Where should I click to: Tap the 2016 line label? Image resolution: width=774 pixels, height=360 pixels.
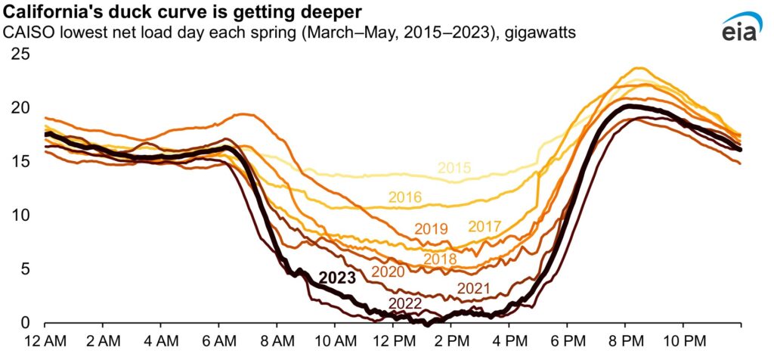coord(405,197)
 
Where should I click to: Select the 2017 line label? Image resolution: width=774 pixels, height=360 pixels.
coord(485,226)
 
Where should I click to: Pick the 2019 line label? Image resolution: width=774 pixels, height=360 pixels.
coord(432,228)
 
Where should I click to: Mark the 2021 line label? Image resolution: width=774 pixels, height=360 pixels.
coord(474,288)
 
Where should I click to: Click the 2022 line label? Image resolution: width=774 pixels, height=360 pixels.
coord(405,303)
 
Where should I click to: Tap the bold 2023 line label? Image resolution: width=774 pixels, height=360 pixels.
coord(337,278)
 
